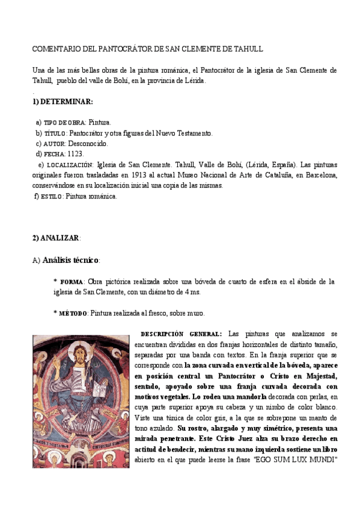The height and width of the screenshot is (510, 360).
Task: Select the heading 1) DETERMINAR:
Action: tap(62, 102)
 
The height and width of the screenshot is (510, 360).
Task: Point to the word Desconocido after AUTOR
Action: tap(88, 144)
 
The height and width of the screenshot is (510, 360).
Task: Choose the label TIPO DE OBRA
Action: tap(65, 123)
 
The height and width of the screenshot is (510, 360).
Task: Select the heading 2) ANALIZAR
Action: tap(56, 238)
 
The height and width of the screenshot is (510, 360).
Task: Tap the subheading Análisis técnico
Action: tap(71, 260)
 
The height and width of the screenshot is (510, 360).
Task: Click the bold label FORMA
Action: tap(72, 282)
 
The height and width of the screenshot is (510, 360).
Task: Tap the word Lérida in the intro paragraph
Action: tap(195, 80)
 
